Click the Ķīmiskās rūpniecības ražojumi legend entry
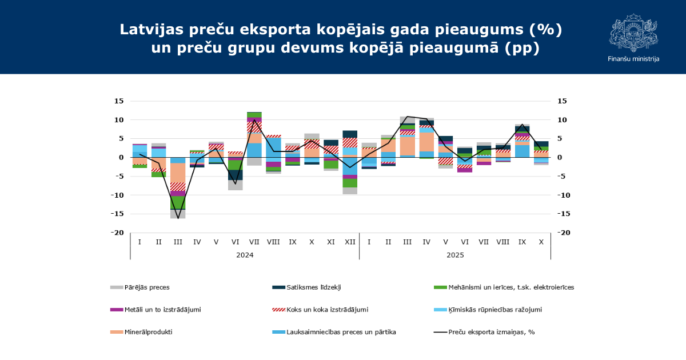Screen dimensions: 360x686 click(495, 310)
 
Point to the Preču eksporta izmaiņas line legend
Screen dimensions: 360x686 click(491, 332)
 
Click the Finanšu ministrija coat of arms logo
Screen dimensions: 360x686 click(633, 33)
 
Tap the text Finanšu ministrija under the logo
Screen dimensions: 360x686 click(633, 59)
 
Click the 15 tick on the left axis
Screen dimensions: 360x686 click(119, 101)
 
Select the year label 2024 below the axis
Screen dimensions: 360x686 click(245, 255)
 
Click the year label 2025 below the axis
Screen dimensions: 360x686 click(455, 255)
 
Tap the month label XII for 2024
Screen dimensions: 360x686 click(350, 242)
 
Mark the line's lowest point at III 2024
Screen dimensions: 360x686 click(178, 218)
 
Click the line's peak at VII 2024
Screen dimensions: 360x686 click(254, 120)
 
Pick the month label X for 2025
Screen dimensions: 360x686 click(541, 242)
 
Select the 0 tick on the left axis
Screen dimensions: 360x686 click(121, 158)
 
